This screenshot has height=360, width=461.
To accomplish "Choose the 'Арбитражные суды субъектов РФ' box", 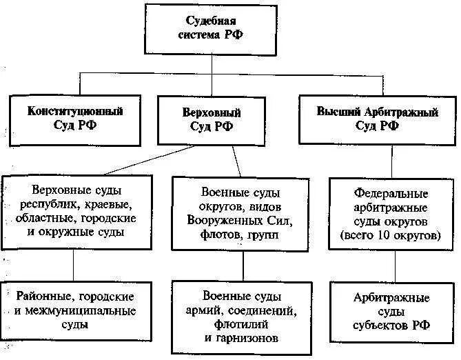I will pos(391,311).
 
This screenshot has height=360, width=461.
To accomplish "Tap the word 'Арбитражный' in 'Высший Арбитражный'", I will pos(406,110).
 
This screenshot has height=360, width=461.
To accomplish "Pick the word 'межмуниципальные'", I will pos(86,310).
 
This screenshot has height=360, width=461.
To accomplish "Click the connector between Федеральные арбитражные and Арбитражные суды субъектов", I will pos(393,265).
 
